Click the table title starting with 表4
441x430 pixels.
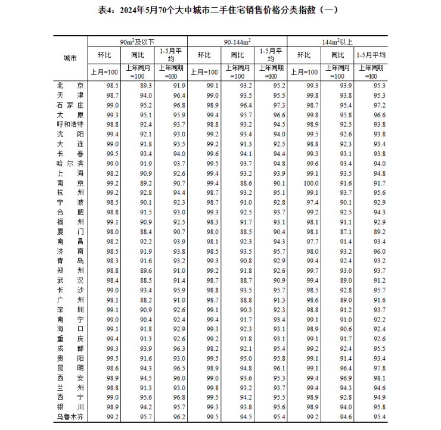(x=221, y=10)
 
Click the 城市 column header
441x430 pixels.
(x=70, y=58)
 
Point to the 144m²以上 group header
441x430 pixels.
(x=337, y=42)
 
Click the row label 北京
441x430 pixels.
(x=70, y=86)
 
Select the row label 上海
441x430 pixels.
(x=70, y=173)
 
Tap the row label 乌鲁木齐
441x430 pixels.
(x=70, y=416)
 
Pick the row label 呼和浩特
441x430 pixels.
(x=70, y=124)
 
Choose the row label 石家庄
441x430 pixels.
(x=70, y=105)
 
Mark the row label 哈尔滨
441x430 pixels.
(x=70, y=164)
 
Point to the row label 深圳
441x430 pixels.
(x=70, y=310)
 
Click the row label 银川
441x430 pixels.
(x=70, y=407)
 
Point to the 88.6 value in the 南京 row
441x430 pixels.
(x=246, y=183)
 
